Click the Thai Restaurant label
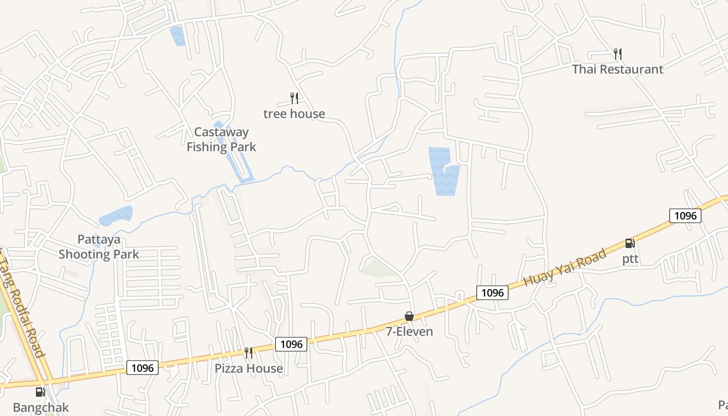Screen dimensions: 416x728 click(x=617, y=69)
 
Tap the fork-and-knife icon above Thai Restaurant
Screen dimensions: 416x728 click(x=617, y=53)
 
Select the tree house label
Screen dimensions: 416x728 click(x=294, y=113)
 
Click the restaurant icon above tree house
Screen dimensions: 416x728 click(x=294, y=98)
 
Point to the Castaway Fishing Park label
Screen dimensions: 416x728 click(x=221, y=139)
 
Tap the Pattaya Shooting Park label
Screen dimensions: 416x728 click(x=98, y=247)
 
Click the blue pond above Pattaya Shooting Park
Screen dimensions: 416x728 click(x=116, y=215)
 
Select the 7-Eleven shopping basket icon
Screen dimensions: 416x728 click(x=409, y=316)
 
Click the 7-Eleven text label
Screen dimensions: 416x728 click(x=409, y=331)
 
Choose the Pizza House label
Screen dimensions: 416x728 click(x=249, y=368)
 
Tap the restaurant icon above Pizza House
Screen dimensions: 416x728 click(x=249, y=353)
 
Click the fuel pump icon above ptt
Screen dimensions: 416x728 click(x=630, y=243)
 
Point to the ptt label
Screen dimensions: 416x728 click(x=630, y=259)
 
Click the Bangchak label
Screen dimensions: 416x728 click(x=41, y=407)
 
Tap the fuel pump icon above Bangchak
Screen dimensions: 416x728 click(x=41, y=392)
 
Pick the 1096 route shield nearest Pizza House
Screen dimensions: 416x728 click(x=291, y=344)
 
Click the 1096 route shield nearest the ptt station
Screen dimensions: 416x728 click(x=685, y=215)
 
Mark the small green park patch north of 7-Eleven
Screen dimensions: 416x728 click(x=379, y=268)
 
